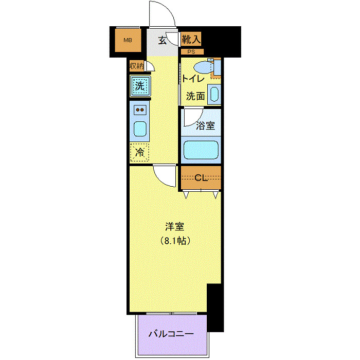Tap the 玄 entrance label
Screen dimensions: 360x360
(x=162, y=40)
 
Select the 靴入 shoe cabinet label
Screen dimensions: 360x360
(x=191, y=39)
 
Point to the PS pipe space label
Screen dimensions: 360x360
(x=191, y=51)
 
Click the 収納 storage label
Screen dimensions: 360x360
(x=136, y=66)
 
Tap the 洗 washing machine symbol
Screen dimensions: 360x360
(x=139, y=86)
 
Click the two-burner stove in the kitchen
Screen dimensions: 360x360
(x=140, y=110)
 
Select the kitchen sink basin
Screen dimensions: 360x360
(x=140, y=129)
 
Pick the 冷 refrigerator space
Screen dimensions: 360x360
(x=139, y=152)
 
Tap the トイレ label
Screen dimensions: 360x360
(x=193, y=79)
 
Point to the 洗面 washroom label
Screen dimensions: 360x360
(x=195, y=96)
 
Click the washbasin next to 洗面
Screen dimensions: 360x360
(x=214, y=95)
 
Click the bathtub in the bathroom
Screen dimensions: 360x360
(x=202, y=150)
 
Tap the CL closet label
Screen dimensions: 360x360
(x=201, y=178)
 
